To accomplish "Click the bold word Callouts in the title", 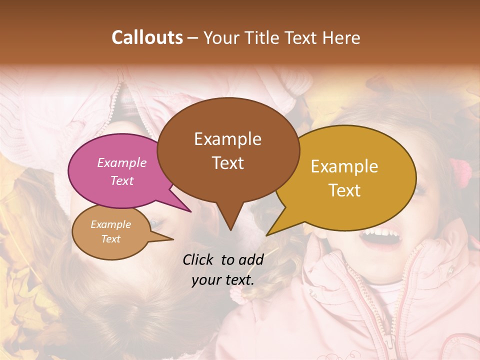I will pyautogui.click(x=147, y=37).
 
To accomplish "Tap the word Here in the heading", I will pyautogui.click(x=340, y=37).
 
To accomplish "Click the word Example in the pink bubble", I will pyautogui.click(x=121, y=162).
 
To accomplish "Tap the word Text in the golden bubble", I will pyautogui.click(x=345, y=190).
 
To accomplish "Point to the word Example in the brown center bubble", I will pyautogui.click(x=227, y=139).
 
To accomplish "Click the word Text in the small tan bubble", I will pyautogui.click(x=110, y=239).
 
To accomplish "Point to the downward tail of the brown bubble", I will pyautogui.click(x=230, y=220).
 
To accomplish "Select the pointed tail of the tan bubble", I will pyautogui.click(x=165, y=239).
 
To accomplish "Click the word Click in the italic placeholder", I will pyautogui.click(x=198, y=259).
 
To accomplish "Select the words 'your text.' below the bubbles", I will pyautogui.click(x=223, y=279).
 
